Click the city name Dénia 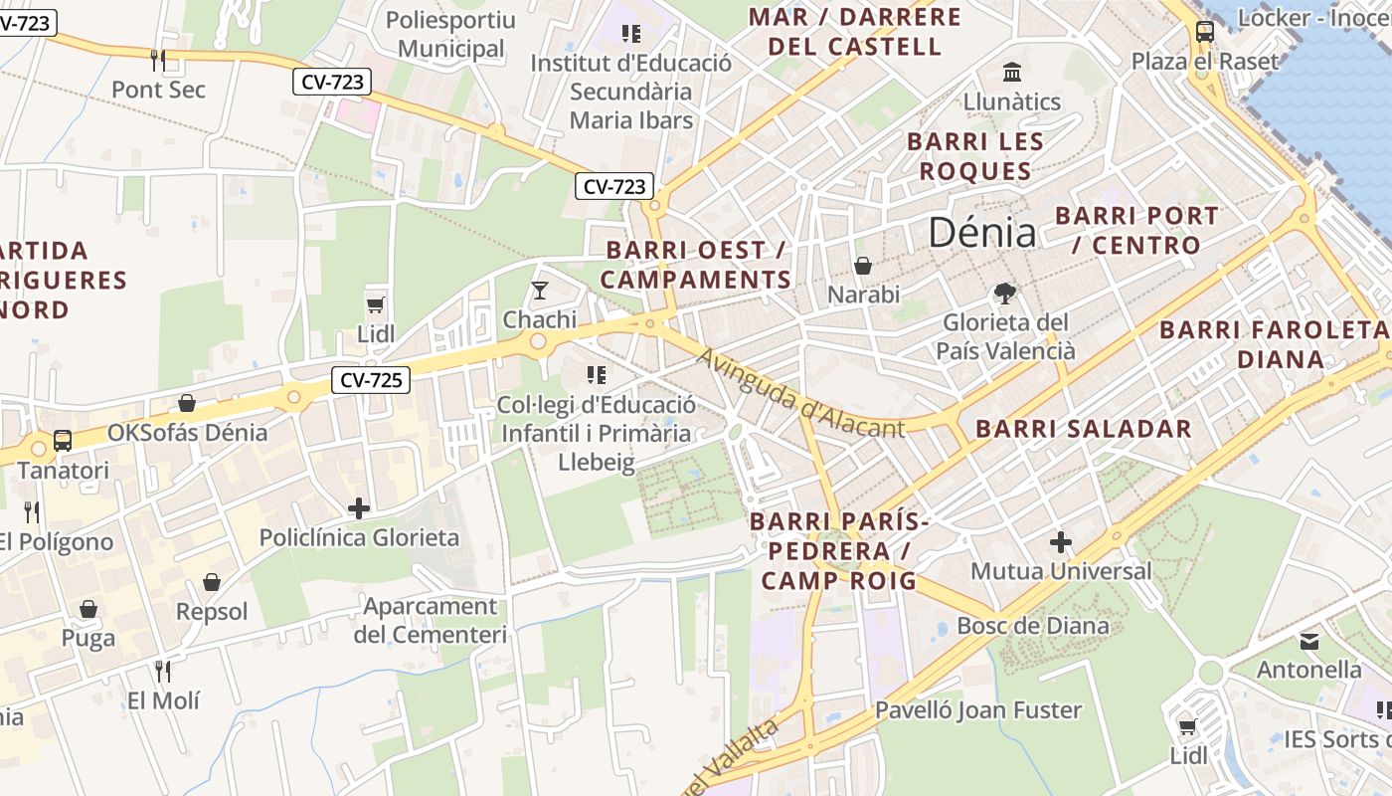(x=981, y=233)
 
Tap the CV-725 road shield (x=370, y=379)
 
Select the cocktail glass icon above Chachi (x=539, y=290)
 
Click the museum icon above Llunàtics (x=1012, y=72)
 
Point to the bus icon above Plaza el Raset (x=1205, y=31)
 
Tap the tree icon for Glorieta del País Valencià (x=1005, y=293)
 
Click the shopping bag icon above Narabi (x=863, y=266)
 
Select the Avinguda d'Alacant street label (x=800, y=393)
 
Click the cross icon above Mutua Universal (x=1061, y=542)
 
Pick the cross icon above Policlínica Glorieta (x=358, y=508)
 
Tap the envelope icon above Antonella (x=1309, y=641)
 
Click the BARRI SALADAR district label (x=1083, y=429)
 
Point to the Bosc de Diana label (x=1032, y=626)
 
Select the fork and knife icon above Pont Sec (x=157, y=60)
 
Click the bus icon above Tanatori (x=63, y=440)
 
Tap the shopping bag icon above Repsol (x=211, y=582)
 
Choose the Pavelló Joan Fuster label (x=977, y=710)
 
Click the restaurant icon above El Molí (x=163, y=671)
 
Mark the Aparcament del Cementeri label (x=430, y=620)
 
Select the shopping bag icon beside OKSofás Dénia (x=187, y=403)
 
